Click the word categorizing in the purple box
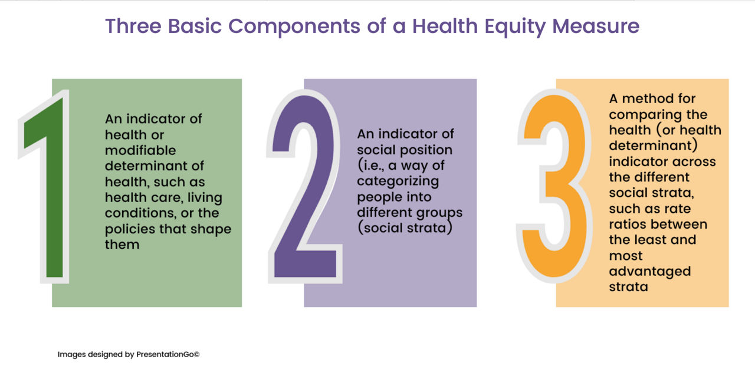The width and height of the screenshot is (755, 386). (398, 181)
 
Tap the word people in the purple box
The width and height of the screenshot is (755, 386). (378, 197)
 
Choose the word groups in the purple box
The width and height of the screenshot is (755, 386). (442, 212)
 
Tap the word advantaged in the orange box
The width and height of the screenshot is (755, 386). (649, 271)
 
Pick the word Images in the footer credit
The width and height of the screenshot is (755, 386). (71, 355)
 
